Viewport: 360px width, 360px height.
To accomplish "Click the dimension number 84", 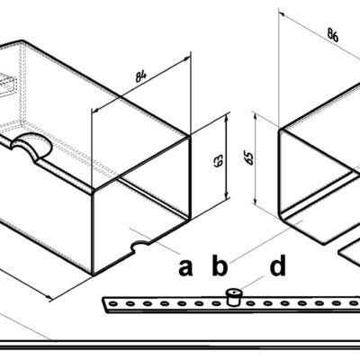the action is coord(141,76).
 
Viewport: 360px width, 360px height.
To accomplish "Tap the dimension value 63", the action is coord(219,160).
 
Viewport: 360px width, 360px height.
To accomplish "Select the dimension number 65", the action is coord(249,158).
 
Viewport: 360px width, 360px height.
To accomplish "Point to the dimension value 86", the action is coord(332,35).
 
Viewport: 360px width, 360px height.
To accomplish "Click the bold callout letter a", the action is coord(185,267).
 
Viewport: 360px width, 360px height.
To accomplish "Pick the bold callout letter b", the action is coord(219,265).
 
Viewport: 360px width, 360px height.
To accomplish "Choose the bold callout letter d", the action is coord(277,265).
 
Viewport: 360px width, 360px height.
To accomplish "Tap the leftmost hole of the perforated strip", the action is coord(113,304).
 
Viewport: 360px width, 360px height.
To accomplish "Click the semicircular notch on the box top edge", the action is coord(31,144).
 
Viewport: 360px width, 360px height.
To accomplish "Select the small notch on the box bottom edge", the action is coord(139,246).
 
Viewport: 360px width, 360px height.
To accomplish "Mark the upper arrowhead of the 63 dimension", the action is coord(227,118).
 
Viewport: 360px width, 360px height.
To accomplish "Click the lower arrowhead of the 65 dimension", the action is coord(255,200).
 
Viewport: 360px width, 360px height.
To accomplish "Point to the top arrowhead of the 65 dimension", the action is coord(255,116).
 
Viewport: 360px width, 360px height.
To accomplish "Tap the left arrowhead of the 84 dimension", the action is coord(95,111).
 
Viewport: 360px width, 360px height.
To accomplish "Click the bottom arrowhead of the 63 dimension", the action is coord(227,195).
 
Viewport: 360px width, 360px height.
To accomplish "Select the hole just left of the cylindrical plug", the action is coord(216,303).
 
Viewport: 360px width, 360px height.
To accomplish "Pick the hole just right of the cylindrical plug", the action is coord(250,303).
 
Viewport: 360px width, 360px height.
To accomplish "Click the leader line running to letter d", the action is coord(252,283).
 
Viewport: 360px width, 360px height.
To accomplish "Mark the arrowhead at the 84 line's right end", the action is coord(186,58).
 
